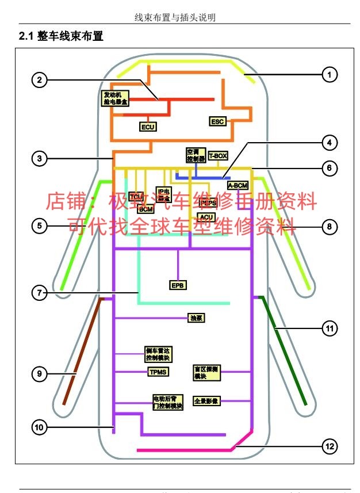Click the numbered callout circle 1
(329, 74)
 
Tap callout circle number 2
(39, 80)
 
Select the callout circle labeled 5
(39, 226)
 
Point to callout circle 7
(39, 293)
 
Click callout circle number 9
(39, 374)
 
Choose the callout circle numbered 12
(329, 446)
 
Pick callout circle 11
(329, 328)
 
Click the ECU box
(148, 127)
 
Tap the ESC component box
(217, 121)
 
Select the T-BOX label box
(218, 155)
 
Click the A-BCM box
(238, 185)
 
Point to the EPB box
(178, 285)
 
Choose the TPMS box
(158, 372)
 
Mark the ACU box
(206, 216)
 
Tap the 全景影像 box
(206, 400)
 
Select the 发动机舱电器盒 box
(116, 98)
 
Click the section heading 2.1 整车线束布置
(61, 36)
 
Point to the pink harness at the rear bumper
(184, 449)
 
